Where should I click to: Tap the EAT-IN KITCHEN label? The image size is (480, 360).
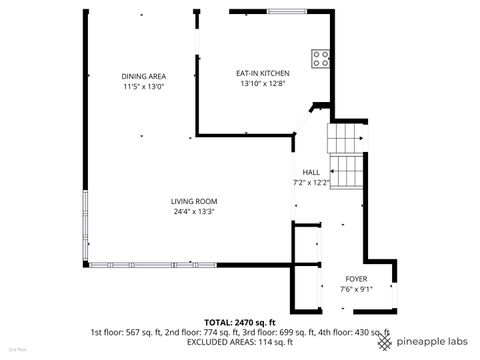263,73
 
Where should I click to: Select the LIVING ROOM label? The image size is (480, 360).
194,201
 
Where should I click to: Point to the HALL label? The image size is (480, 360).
311,173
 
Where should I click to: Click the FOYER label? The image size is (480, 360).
355,279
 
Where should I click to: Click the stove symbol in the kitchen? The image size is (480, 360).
322,57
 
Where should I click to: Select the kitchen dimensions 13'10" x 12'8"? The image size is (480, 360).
263,83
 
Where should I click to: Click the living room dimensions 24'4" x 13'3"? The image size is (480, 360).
194,211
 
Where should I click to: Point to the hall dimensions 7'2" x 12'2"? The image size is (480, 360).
311,183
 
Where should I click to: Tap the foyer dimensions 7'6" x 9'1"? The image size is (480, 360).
355,289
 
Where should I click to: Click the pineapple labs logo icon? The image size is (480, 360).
386,341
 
